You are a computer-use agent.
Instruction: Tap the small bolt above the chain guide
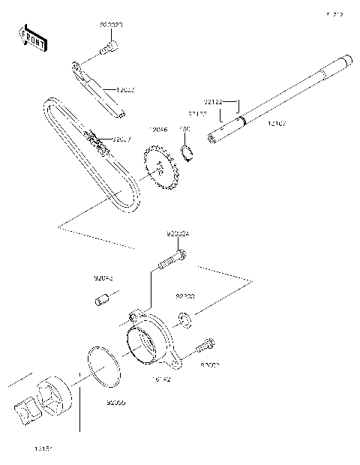(108, 47)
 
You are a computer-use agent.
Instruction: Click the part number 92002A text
(178, 233)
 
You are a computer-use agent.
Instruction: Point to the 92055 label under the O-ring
(115, 403)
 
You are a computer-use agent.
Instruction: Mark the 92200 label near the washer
(185, 296)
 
